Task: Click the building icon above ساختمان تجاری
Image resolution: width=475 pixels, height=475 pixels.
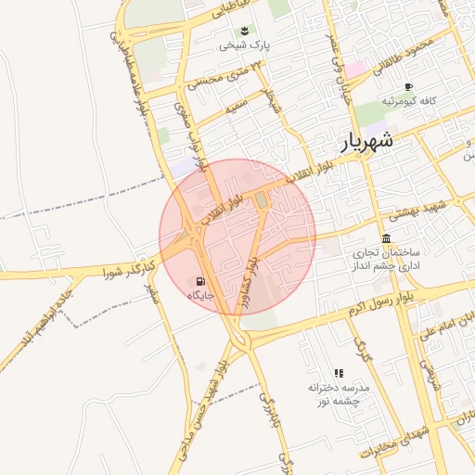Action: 386,238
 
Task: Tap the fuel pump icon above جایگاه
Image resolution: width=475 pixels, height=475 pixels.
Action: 201,281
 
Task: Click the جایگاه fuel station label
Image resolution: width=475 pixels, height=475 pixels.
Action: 201,296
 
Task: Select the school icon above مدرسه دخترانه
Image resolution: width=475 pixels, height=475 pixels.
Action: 339,372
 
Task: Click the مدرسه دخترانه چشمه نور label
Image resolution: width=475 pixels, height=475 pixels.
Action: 339,394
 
